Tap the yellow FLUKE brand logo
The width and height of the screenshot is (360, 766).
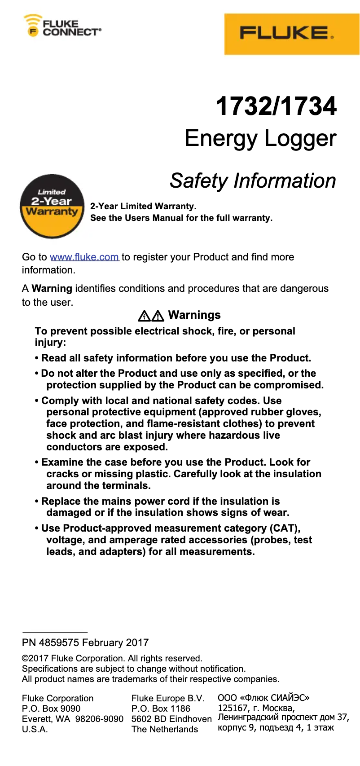click(x=292, y=34)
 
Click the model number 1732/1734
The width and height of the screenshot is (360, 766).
click(x=276, y=106)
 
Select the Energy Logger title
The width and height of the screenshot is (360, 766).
click(x=260, y=138)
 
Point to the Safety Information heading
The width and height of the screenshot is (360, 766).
click(x=253, y=181)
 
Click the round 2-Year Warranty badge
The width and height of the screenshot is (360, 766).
click(x=52, y=206)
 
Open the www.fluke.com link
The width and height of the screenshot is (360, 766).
click(x=84, y=257)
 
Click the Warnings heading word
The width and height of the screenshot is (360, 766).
click(x=194, y=315)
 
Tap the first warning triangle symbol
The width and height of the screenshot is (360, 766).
click(x=144, y=316)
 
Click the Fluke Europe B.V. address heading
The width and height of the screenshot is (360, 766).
click(x=168, y=698)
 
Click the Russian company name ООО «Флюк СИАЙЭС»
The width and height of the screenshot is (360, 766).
click(x=263, y=698)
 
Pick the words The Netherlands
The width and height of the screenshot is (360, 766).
click(x=165, y=729)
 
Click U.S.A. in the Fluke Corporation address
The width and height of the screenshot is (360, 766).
click(x=35, y=729)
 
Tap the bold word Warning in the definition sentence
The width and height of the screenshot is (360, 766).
click(x=52, y=289)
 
